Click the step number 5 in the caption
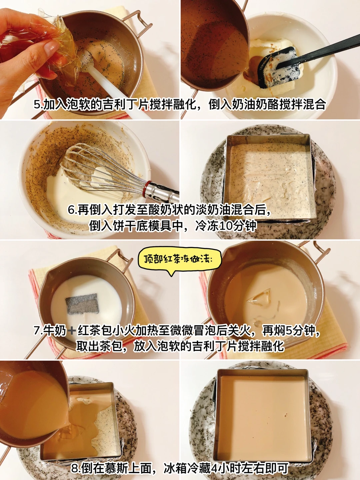(x=37, y=105)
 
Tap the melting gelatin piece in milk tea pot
(x=259, y=297)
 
